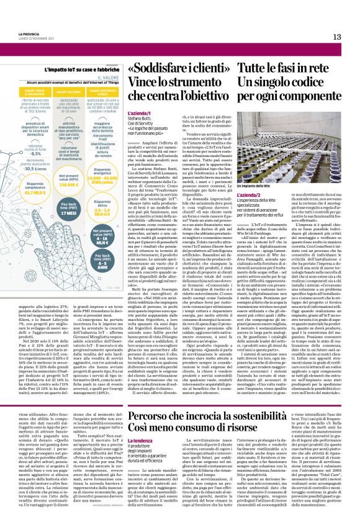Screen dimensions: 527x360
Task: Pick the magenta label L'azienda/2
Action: tap(248, 196)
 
